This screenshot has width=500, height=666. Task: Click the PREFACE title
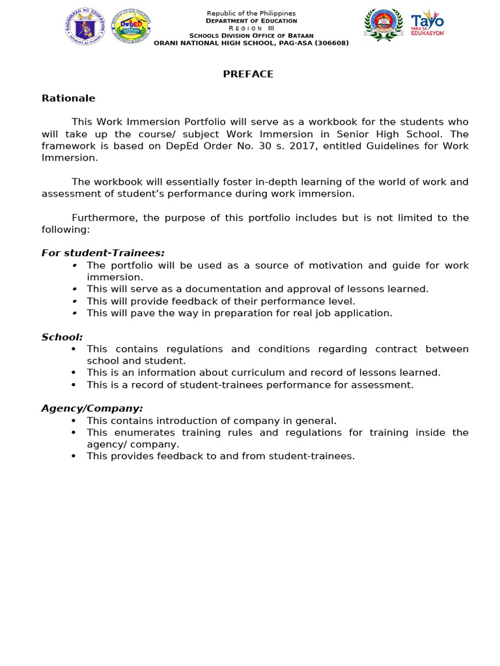(x=248, y=74)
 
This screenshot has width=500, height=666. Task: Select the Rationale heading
(x=68, y=98)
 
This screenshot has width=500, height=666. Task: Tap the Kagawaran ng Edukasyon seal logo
(x=85, y=27)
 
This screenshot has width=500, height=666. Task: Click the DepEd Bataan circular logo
(x=131, y=27)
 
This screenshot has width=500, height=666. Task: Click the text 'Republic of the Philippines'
(x=251, y=14)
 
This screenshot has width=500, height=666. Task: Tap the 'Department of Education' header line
(x=251, y=21)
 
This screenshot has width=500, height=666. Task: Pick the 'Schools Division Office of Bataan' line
(x=251, y=36)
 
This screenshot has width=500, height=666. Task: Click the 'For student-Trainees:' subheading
(x=103, y=253)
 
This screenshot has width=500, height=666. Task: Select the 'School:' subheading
(x=62, y=337)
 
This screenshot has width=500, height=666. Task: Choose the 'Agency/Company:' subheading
(x=92, y=408)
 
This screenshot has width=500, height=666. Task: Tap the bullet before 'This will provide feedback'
(x=75, y=301)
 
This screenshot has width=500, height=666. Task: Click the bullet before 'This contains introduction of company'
(x=75, y=421)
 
